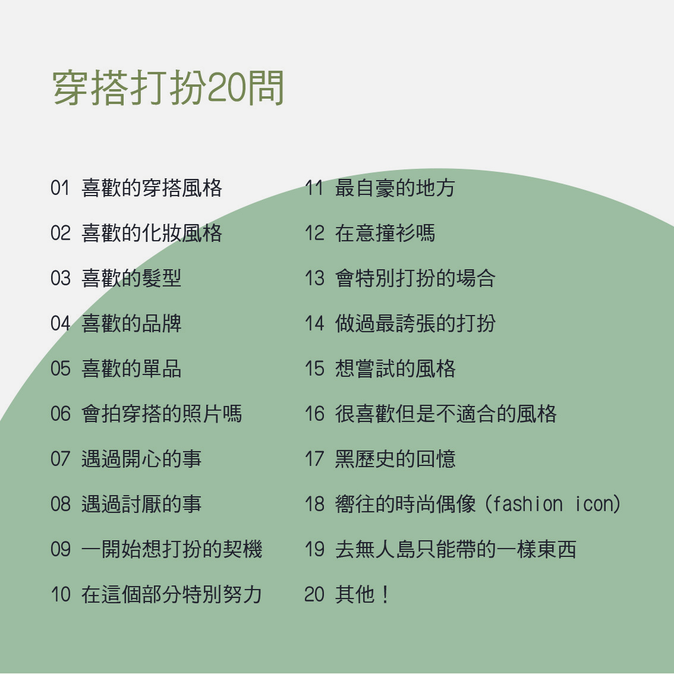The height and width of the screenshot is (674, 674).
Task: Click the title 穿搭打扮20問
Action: (x=168, y=88)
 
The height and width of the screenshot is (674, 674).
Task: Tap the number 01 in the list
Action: (x=60, y=188)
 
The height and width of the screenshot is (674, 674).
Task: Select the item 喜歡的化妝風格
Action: (x=152, y=233)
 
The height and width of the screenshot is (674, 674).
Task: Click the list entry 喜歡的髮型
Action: (x=131, y=278)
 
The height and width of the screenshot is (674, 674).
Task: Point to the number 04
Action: (x=60, y=323)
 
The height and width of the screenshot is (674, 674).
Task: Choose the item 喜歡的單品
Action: (x=131, y=369)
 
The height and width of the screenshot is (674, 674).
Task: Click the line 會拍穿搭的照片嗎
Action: (x=162, y=414)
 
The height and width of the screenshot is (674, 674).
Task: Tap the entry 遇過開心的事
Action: (x=141, y=459)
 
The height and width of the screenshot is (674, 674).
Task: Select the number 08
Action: (x=60, y=504)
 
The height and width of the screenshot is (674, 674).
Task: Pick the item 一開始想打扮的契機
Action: (x=172, y=549)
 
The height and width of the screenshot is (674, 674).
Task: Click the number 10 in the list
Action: (x=60, y=594)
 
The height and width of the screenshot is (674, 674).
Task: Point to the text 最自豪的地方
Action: (x=395, y=188)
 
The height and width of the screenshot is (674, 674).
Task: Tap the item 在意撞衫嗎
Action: (x=385, y=233)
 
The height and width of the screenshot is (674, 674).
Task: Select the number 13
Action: (x=314, y=278)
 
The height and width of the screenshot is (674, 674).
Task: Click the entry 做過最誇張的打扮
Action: (x=415, y=323)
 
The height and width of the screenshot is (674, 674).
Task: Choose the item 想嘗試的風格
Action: (x=395, y=369)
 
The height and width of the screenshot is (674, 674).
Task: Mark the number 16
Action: (x=314, y=414)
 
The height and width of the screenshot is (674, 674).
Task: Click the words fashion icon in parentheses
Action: (x=552, y=504)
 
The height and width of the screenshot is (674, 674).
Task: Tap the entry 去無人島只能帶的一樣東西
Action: (x=456, y=549)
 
